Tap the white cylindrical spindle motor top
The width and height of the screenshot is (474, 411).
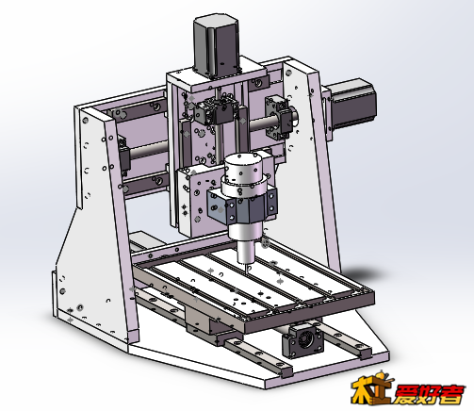[x=243, y=169]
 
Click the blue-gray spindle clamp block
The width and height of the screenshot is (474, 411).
[x=242, y=206]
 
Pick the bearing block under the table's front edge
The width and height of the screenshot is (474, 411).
[x=302, y=341]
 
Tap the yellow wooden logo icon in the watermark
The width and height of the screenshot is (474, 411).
[x=371, y=387]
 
